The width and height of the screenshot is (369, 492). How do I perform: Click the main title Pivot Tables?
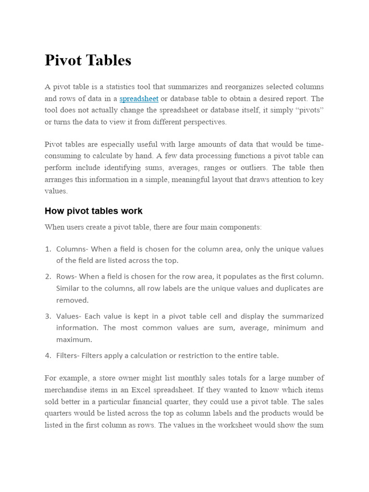point(88,61)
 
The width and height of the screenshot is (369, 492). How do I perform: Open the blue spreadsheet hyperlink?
point(139,98)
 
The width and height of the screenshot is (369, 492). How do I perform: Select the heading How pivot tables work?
point(93,211)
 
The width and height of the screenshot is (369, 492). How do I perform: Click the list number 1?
point(48,249)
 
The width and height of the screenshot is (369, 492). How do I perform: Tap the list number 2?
point(48,277)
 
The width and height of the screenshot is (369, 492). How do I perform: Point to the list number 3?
point(48,316)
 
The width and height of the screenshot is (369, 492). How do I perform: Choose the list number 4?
point(48,356)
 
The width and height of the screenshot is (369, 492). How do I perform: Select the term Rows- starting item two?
point(66,277)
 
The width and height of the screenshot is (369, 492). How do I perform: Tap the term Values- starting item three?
point(69,316)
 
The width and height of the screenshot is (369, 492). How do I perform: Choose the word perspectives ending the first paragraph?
point(202,122)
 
